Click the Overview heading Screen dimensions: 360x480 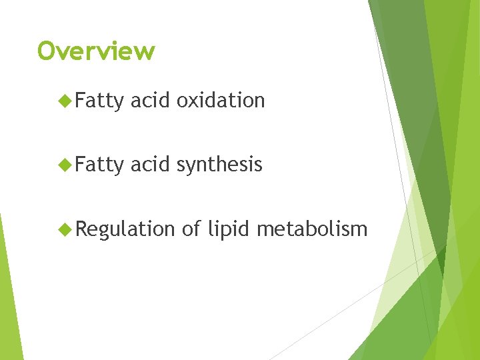coord(96,51)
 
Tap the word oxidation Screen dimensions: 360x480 coord(221,101)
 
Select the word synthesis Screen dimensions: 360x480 coord(219,165)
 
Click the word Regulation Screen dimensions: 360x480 coord(125,229)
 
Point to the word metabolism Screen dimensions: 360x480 coord(312,229)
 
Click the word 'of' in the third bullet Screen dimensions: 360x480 coord(191,229)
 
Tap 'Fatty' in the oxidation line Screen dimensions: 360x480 coord(99,101)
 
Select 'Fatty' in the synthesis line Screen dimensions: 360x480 coord(99,165)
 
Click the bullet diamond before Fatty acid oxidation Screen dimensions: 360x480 coord(65,101)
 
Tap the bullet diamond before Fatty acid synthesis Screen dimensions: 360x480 coord(65,165)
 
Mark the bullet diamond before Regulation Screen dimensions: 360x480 coord(65,229)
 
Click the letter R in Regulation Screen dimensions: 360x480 coord(81,229)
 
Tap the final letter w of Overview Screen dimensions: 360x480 coord(145,51)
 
